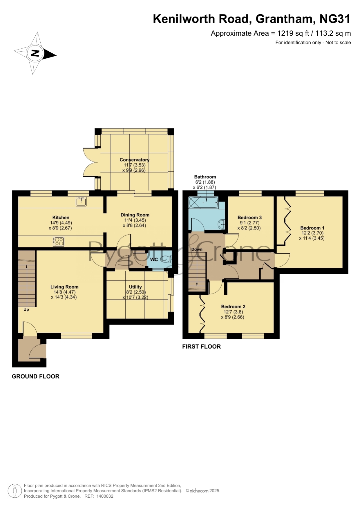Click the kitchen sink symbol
81,201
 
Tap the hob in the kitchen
58,242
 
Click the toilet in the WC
166,259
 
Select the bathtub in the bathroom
203,202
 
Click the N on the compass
35,53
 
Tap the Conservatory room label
134,160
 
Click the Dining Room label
135,215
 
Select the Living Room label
64,287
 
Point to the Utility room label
135,287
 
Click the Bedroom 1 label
312,228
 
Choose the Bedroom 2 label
233,307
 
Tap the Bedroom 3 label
249,218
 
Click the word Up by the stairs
26,310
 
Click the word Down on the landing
197,249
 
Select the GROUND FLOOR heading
36,376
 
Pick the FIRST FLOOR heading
202,347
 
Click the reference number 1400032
105,496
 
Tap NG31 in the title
335,19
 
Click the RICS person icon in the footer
15,491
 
